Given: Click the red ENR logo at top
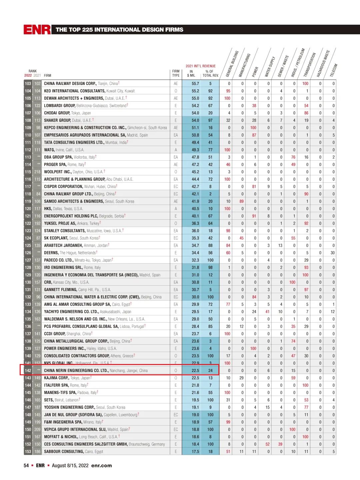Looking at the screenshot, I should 37,30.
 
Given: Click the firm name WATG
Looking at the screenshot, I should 49,150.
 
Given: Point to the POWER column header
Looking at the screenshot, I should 255,72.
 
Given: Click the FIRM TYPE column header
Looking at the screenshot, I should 176,73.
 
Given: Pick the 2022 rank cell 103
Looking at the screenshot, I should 28,84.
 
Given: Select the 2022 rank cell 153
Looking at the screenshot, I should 28,452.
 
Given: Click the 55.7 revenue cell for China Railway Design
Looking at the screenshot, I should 195,84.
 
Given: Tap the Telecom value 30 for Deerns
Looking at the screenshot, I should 332,253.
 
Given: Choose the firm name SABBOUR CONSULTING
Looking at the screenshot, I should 64,452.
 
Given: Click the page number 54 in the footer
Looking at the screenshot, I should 26,466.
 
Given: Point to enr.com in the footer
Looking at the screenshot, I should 101,466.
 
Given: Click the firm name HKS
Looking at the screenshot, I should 48,209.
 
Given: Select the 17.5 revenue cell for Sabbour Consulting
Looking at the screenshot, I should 195,452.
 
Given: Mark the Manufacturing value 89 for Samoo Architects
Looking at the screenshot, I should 241,201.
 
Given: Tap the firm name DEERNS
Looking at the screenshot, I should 51,253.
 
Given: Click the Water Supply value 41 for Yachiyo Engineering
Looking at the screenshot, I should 267,312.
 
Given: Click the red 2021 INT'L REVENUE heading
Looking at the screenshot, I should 201,66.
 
